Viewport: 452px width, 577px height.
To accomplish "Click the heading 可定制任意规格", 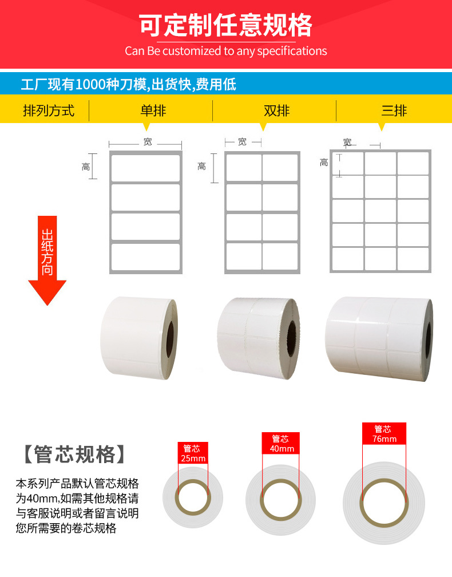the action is (x=225, y=25).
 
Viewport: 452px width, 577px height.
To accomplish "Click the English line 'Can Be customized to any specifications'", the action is (x=226, y=51).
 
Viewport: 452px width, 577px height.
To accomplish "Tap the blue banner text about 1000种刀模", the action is (x=128, y=84).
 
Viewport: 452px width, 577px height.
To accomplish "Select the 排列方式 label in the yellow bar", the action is (x=49, y=110).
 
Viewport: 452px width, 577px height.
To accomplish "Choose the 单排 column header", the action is (x=153, y=110).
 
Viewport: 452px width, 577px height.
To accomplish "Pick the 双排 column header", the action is (x=276, y=110).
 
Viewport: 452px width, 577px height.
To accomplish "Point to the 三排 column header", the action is (x=394, y=110).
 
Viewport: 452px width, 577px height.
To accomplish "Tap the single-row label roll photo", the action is (x=138, y=338).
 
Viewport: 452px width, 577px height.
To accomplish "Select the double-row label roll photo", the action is (x=259, y=338).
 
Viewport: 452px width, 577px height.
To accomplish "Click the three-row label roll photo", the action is (x=379, y=338).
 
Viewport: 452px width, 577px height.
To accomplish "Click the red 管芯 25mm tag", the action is (x=193, y=453).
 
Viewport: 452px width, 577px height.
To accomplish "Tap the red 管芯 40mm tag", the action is (x=281, y=444).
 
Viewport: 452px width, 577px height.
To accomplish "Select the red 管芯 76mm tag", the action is (x=384, y=433).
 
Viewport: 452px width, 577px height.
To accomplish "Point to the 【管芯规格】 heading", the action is (x=74, y=454).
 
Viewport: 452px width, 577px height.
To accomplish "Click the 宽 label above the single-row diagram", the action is (x=148, y=142).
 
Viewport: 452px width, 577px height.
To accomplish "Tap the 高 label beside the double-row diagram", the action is (x=201, y=167).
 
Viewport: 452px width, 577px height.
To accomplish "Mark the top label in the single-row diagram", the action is (x=146, y=168).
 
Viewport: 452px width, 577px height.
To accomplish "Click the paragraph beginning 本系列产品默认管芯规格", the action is (x=77, y=505).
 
